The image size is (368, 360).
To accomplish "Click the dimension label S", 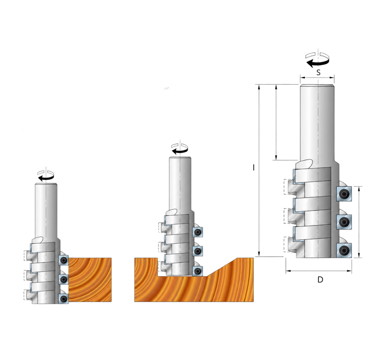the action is click(318, 72).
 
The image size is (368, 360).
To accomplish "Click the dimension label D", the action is click(320, 279).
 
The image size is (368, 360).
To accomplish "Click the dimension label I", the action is click(253, 168).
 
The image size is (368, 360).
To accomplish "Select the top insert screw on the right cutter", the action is click(344, 194).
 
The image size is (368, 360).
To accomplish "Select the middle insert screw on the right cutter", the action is click(344, 222).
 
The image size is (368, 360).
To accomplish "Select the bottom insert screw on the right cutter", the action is click(344, 250).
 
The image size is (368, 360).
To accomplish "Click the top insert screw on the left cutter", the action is click(64, 260).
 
